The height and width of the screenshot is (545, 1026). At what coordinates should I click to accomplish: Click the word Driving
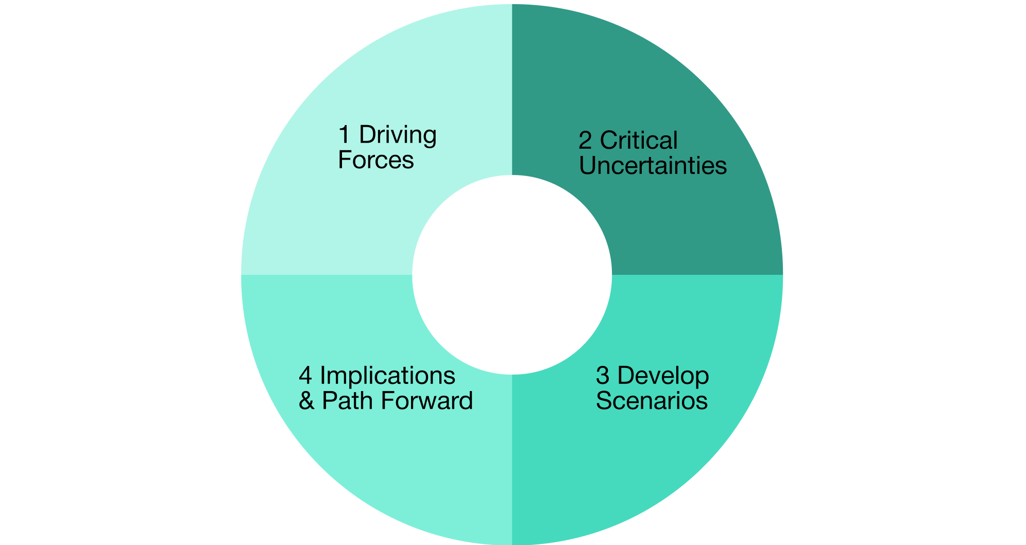point(398,136)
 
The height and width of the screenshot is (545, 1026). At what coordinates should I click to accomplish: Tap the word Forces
point(376,160)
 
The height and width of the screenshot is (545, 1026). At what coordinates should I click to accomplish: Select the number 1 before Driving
point(344,135)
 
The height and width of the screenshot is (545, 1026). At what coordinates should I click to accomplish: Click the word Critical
point(639,141)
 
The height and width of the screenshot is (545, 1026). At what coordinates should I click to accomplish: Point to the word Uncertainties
point(653,166)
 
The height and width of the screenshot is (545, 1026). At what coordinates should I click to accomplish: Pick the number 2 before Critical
point(585,141)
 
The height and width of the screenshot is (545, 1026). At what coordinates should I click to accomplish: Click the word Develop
point(663,376)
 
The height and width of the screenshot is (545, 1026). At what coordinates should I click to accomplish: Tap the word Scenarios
point(652,401)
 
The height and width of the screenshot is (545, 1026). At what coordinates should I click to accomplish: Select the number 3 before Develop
point(603,376)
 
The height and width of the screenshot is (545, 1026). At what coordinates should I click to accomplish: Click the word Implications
point(387,376)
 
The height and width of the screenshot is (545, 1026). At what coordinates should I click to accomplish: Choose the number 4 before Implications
point(305,376)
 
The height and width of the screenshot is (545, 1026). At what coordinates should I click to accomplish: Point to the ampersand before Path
point(306,401)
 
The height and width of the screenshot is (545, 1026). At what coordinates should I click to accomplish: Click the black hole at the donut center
point(512,275)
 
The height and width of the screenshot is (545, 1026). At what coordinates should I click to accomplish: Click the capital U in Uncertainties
point(587,166)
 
